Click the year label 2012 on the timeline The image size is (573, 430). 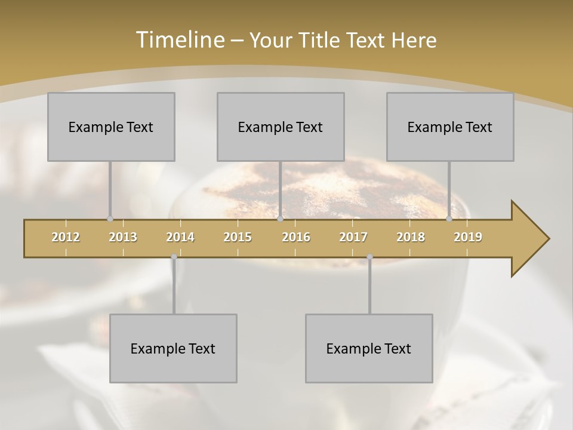tap(66, 237)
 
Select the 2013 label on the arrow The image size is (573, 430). tap(123, 237)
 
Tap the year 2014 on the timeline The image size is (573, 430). tap(180, 237)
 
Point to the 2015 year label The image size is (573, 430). tap(238, 237)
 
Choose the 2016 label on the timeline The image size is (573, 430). tap(296, 237)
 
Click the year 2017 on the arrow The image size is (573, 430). tap(353, 237)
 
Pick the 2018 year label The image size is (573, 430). tap(411, 237)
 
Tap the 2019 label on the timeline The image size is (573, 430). tap(468, 237)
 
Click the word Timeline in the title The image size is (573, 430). tap(179, 40)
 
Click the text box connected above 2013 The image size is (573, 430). tap(111, 127)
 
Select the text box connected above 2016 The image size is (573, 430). tap(281, 127)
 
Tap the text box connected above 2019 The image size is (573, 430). tap(450, 127)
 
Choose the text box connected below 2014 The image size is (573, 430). tap(173, 348)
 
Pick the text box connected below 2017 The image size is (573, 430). tap(369, 348)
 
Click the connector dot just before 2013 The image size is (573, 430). tap(110, 219)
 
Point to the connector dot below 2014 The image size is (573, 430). tap(174, 257)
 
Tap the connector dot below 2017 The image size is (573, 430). tap(369, 257)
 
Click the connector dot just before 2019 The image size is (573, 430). tap(449, 219)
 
